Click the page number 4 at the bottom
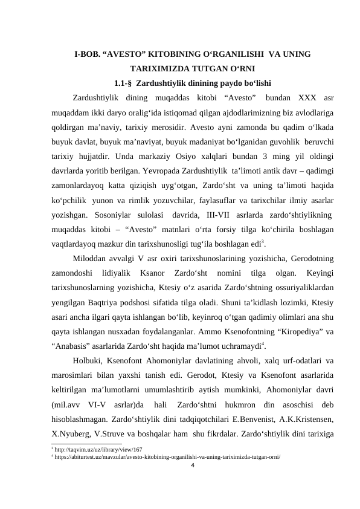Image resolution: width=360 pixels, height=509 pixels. click(x=192, y=465)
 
